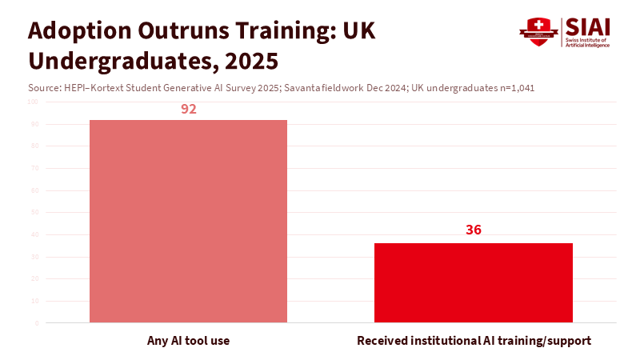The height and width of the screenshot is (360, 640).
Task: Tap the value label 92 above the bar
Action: (189, 109)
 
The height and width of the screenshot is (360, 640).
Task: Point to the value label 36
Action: (474, 230)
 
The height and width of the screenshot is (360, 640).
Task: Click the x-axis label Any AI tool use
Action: (189, 341)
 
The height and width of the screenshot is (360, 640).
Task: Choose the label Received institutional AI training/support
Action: (474, 341)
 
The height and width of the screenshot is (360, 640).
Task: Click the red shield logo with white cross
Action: (538, 33)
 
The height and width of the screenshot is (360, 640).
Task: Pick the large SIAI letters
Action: (589, 26)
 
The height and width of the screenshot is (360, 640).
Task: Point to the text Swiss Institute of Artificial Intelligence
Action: (588, 42)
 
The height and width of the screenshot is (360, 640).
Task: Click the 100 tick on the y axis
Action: (33, 102)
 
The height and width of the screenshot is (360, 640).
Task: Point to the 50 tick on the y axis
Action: (34, 213)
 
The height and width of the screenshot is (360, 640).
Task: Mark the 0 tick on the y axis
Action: (36, 323)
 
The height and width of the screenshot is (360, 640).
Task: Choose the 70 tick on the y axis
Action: (34, 169)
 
